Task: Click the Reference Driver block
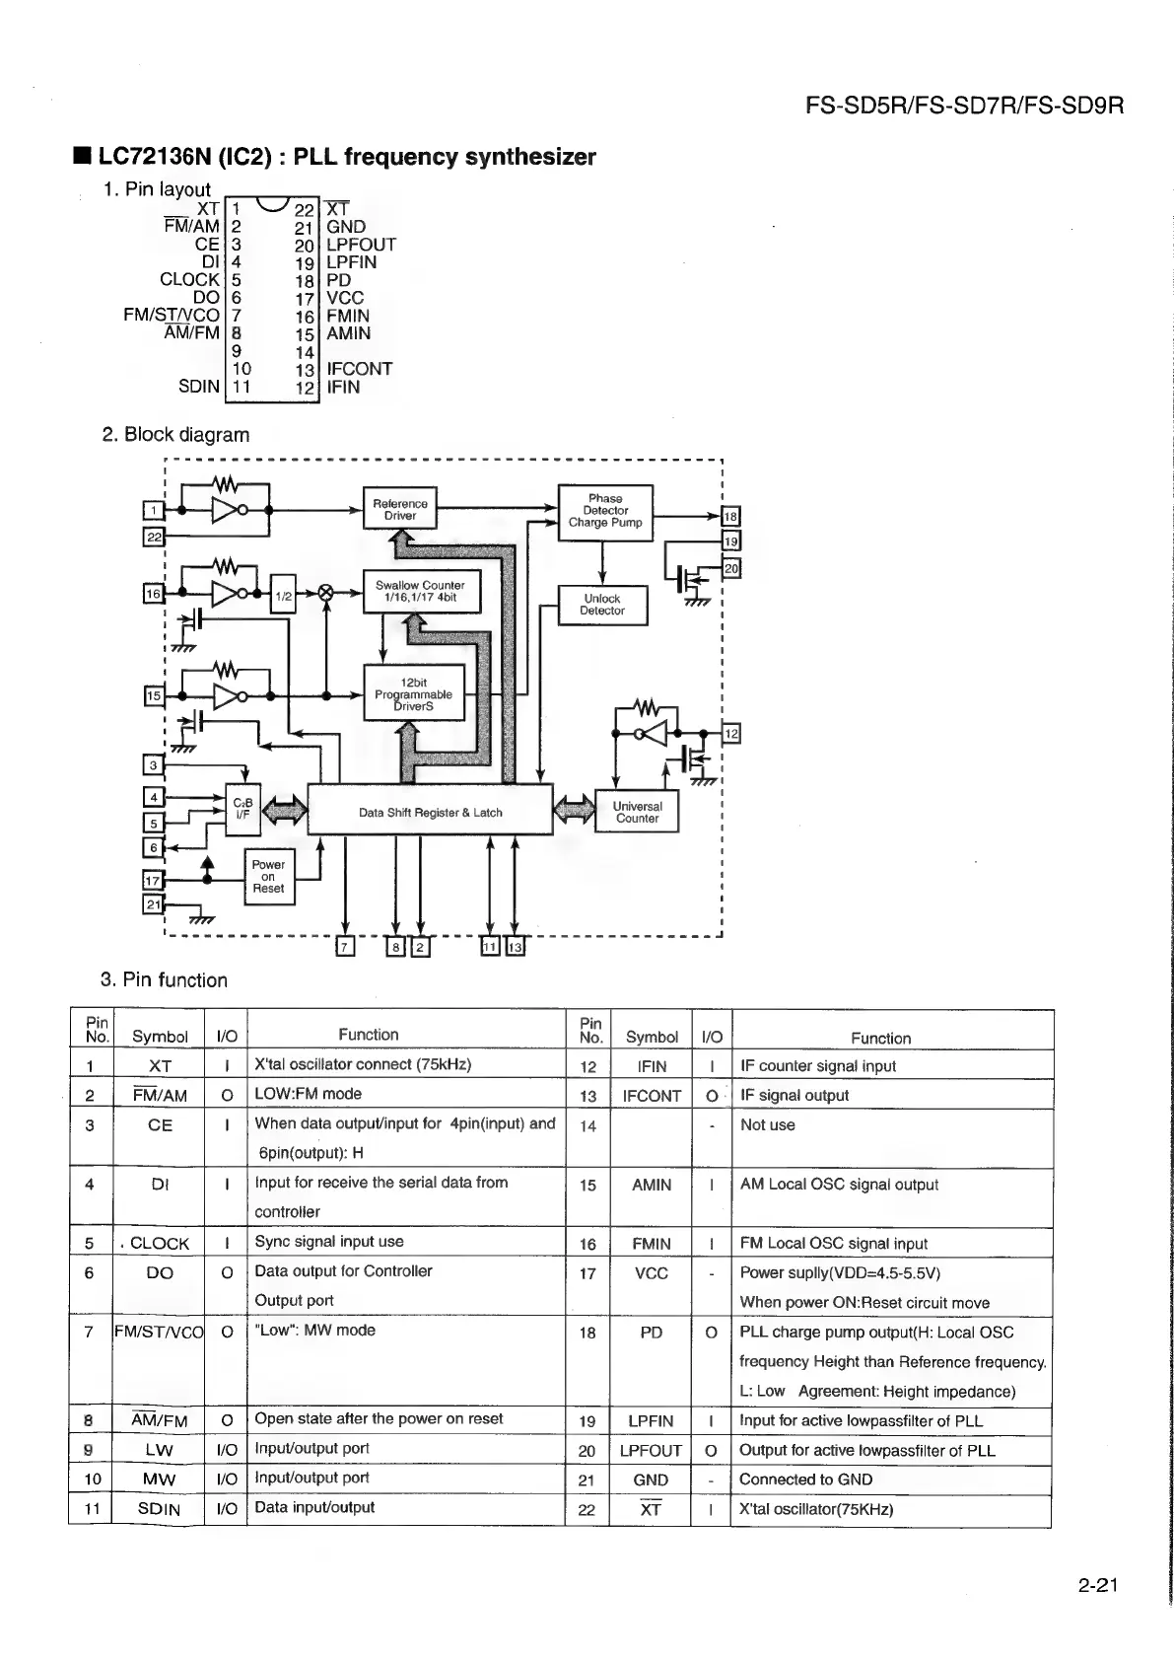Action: pos(400,510)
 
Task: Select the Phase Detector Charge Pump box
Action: pos(605,511)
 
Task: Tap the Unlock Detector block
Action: pos(602,605)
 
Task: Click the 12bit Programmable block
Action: pos(414,693)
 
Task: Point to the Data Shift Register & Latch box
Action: pos(431,812)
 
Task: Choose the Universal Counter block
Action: pos(637,812)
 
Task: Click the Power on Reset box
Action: pos(268,876)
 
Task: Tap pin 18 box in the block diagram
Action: pos(730,517)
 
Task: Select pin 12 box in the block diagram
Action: pos(731,734)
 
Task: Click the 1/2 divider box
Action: pos(283,596)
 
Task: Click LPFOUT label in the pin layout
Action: pos(361,245)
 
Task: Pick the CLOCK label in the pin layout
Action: pos(189,280)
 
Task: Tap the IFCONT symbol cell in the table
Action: pos(652,1096)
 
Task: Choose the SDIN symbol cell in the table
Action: pos(159,1509)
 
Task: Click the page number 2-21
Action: pos(1098,1586)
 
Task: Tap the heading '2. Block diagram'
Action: pos(176,435)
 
